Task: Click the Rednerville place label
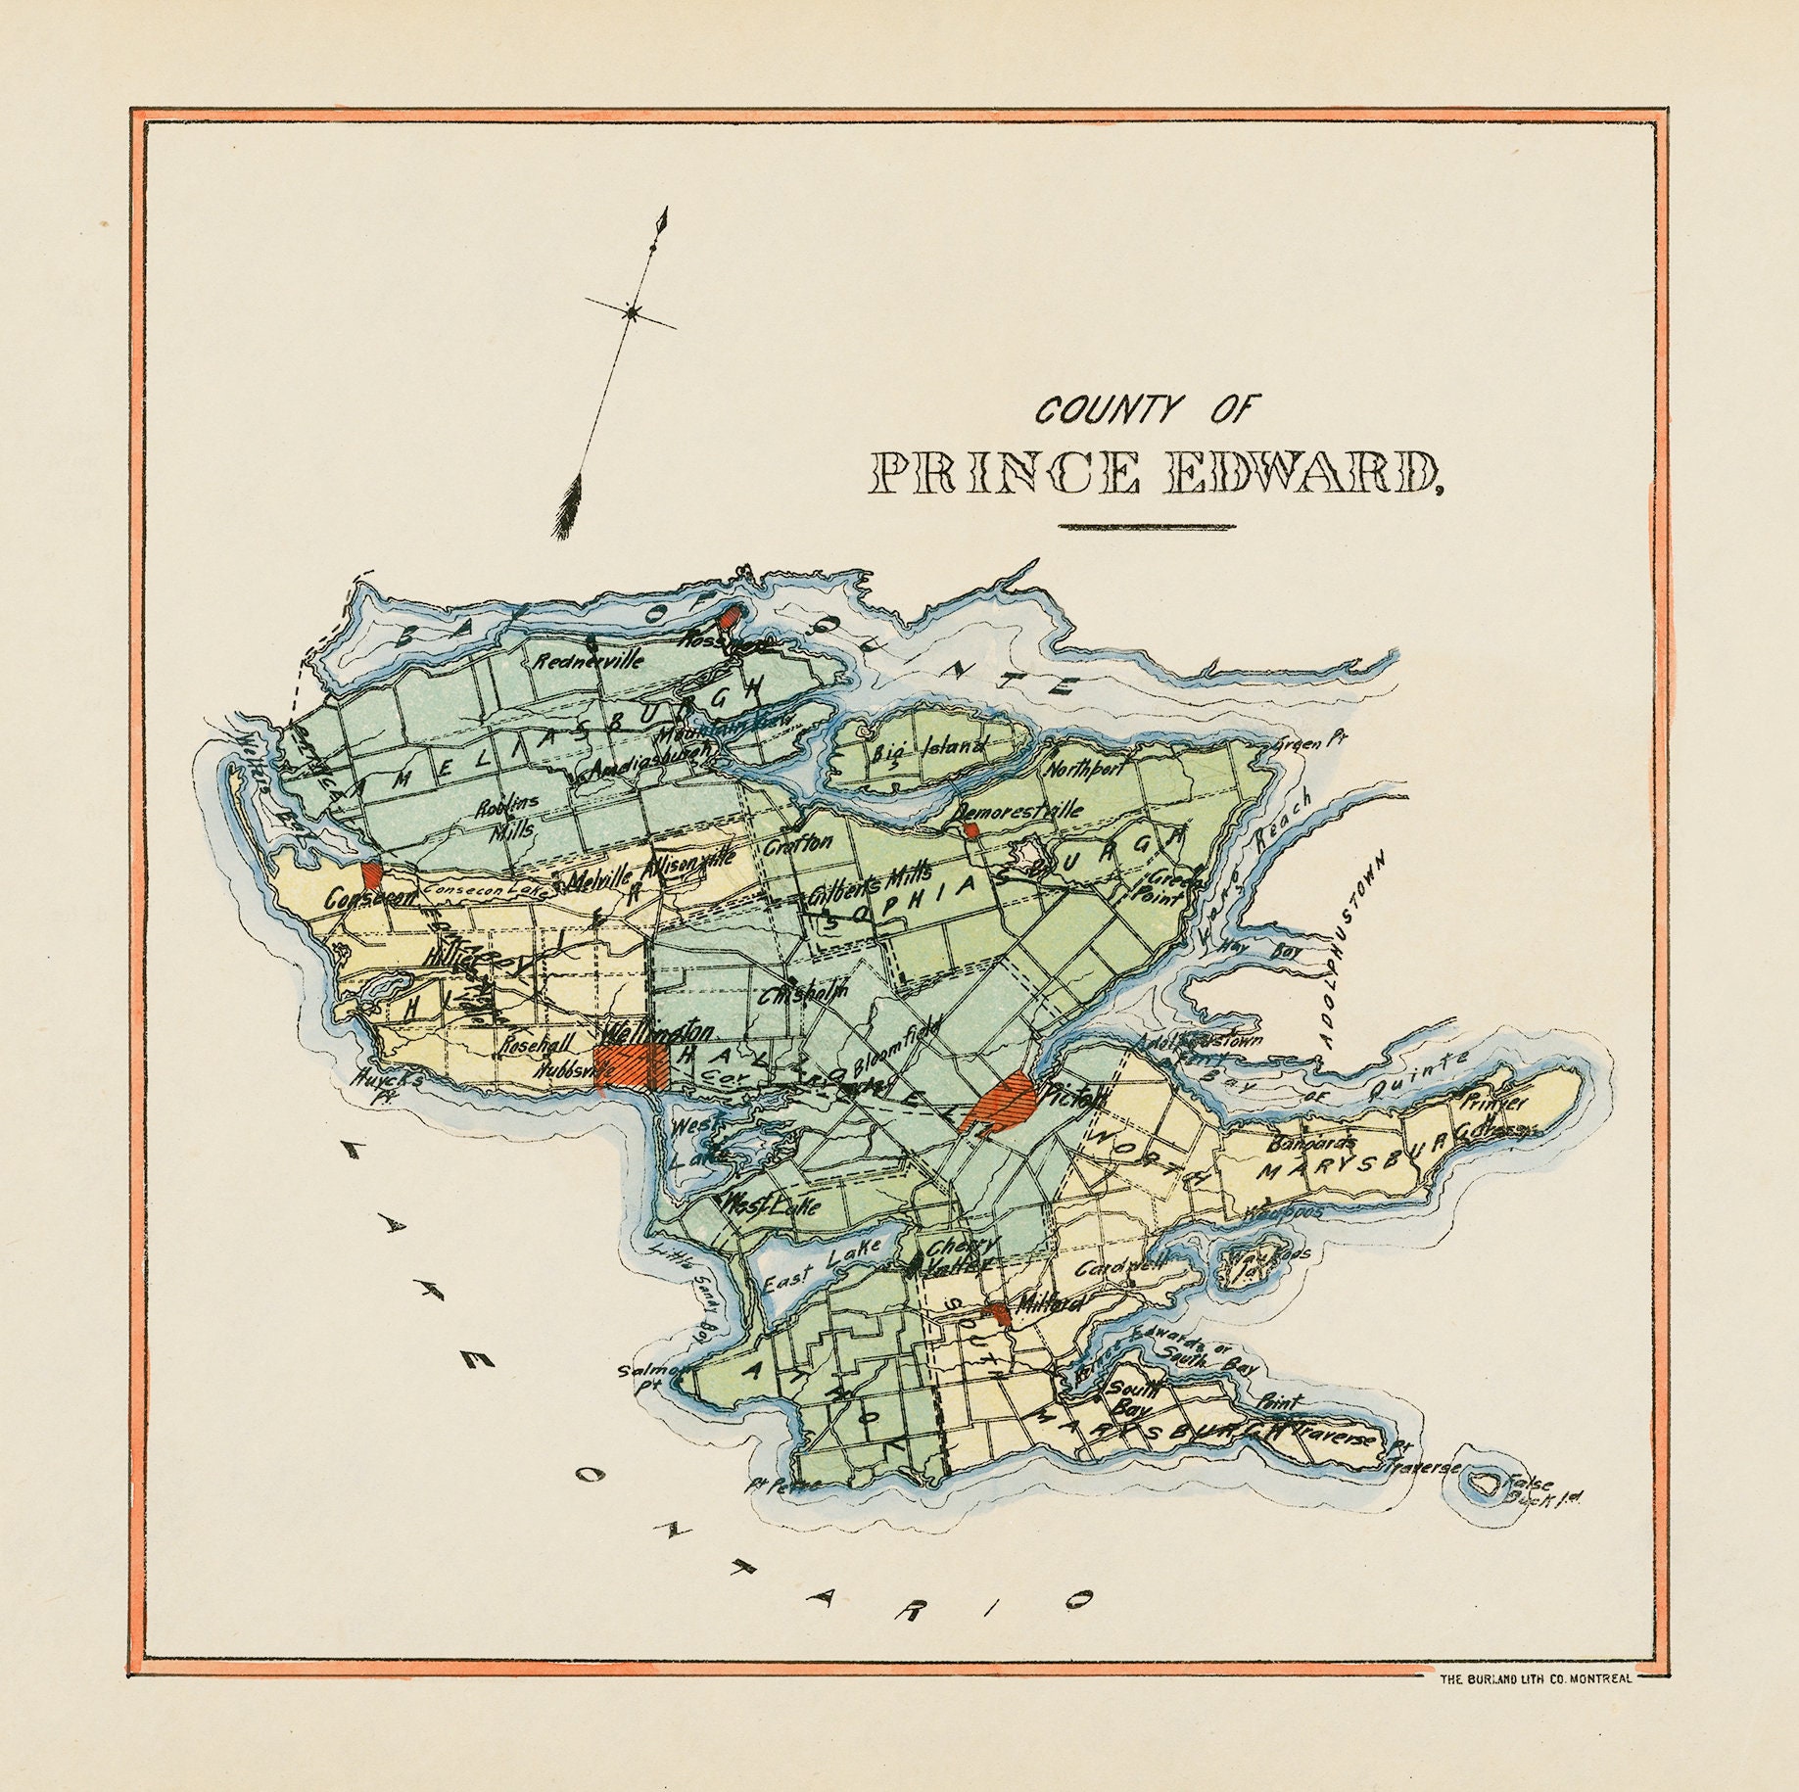coord(590,659)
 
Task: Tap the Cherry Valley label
coord(961,1256)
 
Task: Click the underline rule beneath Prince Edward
coord(1147,528)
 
